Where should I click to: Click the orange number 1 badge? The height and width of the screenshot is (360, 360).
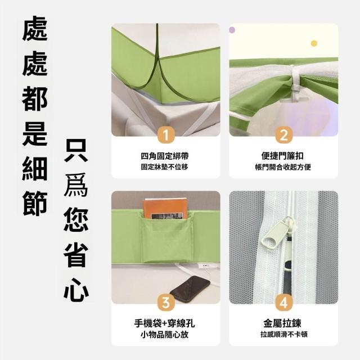(x=166, y=135)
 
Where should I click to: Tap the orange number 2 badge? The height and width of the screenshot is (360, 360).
(x=283, y=135)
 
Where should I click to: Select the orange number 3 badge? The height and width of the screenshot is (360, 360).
(x=166, y=303)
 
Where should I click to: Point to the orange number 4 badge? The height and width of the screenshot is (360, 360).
(x=283, y=303)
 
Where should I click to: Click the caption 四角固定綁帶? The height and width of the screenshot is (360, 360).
(x=165, y=156)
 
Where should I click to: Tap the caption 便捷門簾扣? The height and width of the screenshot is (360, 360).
(x=282, y=156)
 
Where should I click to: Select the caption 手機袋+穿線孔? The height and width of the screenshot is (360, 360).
(x=165, y=323)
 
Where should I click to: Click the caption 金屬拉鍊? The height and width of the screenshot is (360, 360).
(x=282, y=323)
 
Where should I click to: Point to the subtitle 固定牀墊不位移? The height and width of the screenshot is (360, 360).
(x=165, y=167)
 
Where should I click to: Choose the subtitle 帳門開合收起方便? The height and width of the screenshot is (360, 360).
(x=283, y=167)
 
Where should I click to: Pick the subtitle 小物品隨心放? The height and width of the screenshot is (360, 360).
(x=165, y=334)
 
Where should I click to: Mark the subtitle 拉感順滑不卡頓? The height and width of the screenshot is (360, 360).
(x=283, y=334)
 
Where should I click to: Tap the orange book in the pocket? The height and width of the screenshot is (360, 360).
(x=165, y=209)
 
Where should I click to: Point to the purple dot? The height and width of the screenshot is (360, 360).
(x=232, y=30)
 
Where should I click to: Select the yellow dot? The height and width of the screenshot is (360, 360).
(x=314, y=43)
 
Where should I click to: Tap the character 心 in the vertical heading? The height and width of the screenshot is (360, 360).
(x=76, y=290)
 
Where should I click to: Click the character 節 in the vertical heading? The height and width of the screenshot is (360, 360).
(x=35, y=204)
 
